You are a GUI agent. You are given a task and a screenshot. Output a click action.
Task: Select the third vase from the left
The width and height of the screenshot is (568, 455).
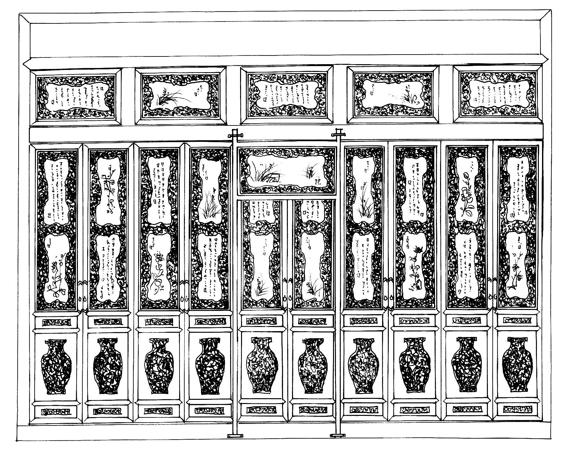[x=159, y=366]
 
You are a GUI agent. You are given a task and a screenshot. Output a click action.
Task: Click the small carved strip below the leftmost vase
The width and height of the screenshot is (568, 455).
[x=56, y=411]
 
